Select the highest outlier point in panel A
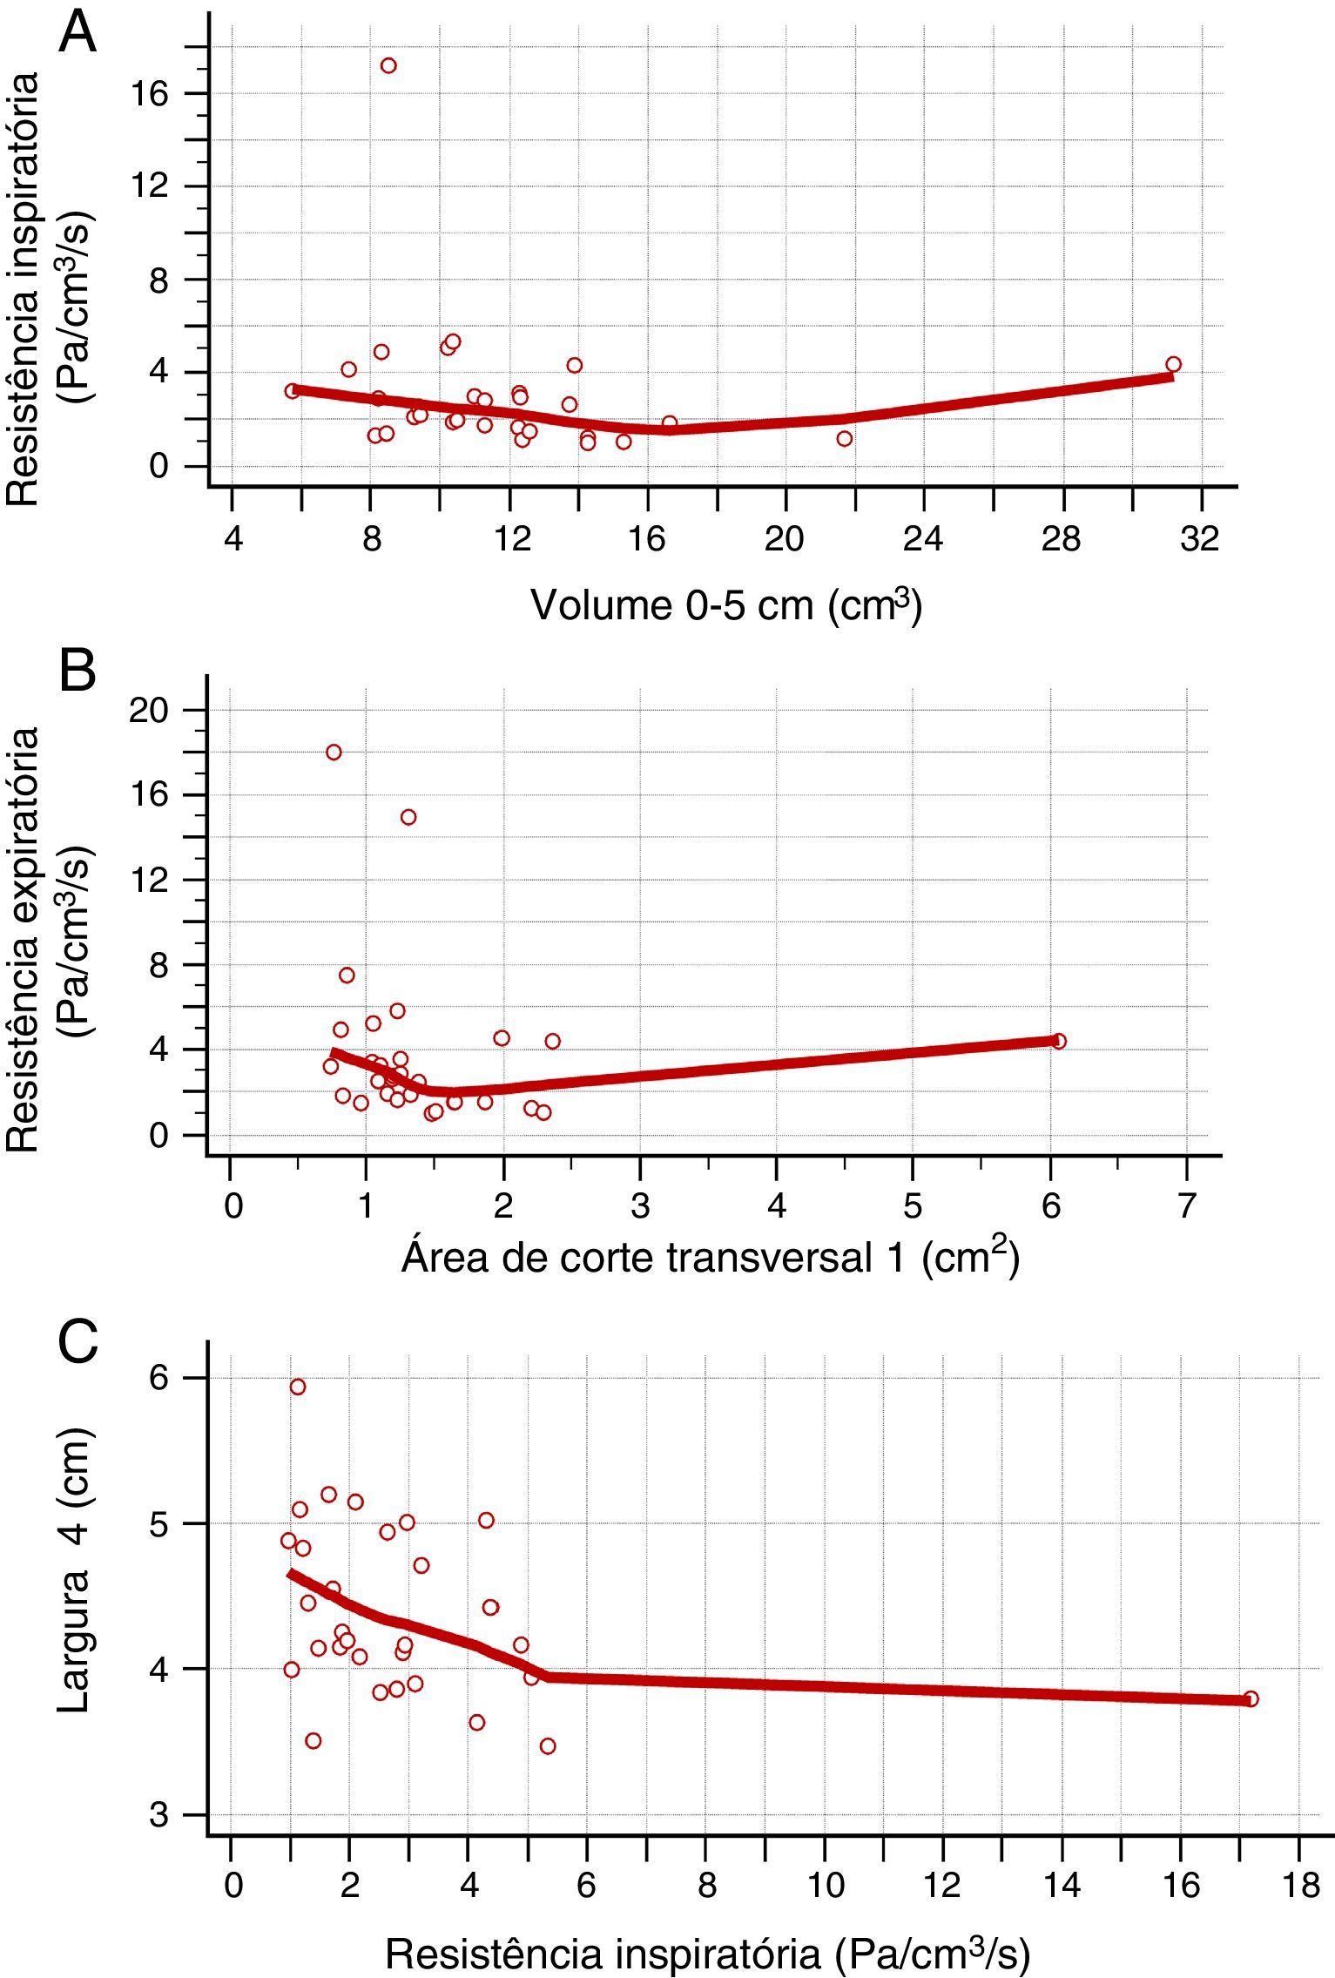tap(388, 65)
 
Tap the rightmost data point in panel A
tap(1173, 364)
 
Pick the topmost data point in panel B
tap(334, 753)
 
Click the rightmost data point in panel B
tap(1058, 1041)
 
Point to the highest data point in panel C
tap(298, 1387)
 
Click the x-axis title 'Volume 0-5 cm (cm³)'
tap(726, 605)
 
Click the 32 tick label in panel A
tap(1201, 540)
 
